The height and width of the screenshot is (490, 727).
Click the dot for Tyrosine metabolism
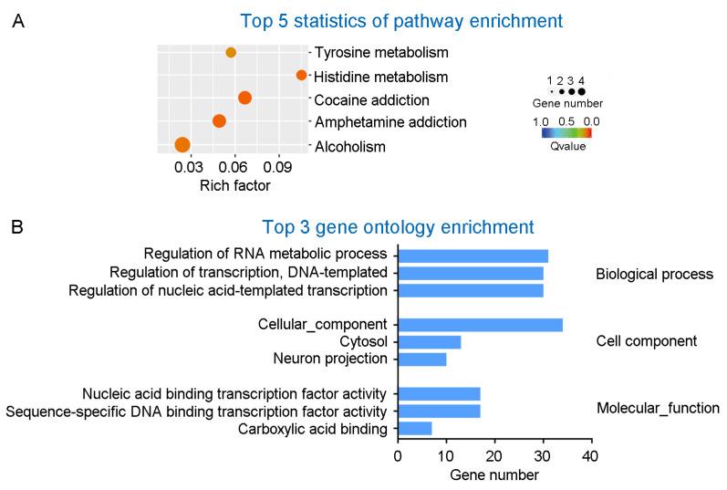[x=231, y=53]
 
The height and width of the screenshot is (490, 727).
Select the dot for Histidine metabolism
[x=301, y=76]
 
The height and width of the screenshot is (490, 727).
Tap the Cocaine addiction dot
[x=244, y=99]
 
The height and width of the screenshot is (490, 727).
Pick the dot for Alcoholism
[x=182, y=144]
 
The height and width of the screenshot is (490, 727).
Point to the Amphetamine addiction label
[x=377, y=122]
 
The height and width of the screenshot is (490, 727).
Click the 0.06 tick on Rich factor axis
[x=234, y=167]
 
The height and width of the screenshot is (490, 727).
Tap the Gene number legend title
[x=567, y=104]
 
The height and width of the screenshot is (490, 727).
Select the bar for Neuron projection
[x=422, y=359]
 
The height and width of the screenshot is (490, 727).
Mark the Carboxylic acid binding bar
[x=415, y=428]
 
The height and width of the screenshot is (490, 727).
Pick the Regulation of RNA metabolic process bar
[x=473, y=255]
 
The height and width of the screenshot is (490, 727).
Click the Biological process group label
[x=654, y=274]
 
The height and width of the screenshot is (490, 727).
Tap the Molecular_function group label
[x=658, y=409]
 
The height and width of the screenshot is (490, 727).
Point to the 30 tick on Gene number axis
[x=543, y=455]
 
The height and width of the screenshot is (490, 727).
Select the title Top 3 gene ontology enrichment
[x=397, y=226]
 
